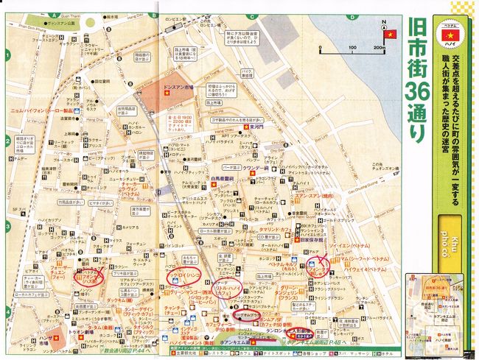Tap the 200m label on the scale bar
tap(379, 49)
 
